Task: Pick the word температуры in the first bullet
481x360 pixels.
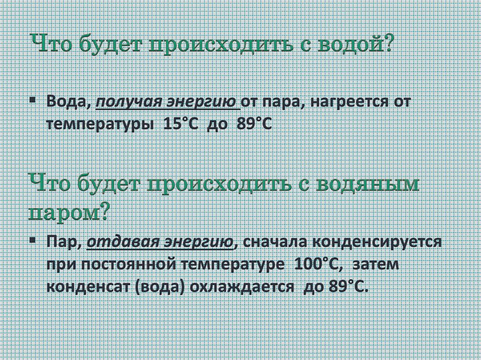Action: [100, 126]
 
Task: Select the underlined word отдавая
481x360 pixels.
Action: [119, 242]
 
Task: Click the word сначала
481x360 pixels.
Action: [275, 242]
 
